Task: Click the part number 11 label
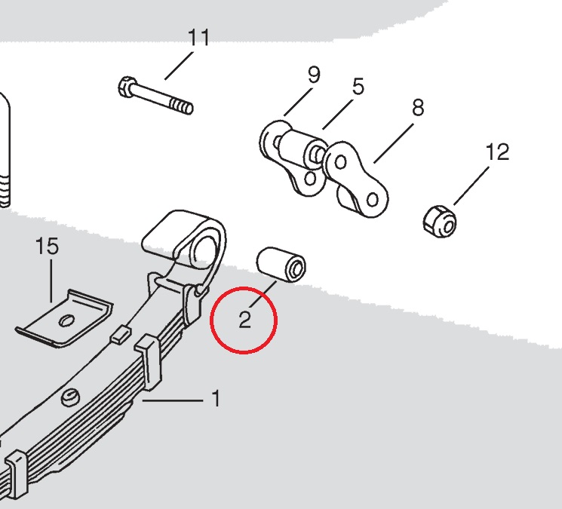coord(198,38)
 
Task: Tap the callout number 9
coord(314,75)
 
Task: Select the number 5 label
coord(358,87)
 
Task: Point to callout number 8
coord(418,108)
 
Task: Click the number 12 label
coord(497,152)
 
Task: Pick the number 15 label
coord(48,246)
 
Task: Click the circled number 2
coord(244,320)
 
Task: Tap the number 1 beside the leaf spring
coord(216,398)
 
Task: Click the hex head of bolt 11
coord(127,86)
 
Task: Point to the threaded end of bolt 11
coord(182,106)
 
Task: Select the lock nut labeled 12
coord(440,221)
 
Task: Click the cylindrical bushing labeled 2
coord(281,265)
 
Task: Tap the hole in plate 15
coord(66,320)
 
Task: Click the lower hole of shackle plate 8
coord(373,200)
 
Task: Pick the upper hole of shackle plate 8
coord(340,163)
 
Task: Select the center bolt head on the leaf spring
coord(70,397)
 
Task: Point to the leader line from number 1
coord(173,400)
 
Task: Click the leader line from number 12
coord(471,186)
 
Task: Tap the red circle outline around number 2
coord(210,320)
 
